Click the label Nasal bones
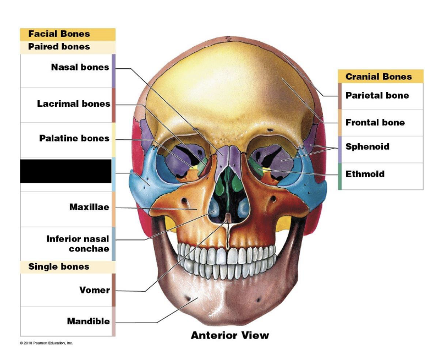coord(80,68)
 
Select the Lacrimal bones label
coord(73,103)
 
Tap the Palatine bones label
coord(74,138)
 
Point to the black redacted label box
coord(65,171)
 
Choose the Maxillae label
coord(89,207)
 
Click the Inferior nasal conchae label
coord(78,244)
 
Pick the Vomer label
coord(95,290)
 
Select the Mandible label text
coord(88,321)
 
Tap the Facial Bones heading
coord(59,34)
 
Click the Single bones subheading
coord(59,266)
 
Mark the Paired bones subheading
coord(59,47)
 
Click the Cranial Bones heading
coord(378,77)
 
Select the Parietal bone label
coord(377,95)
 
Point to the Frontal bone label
coord(375,122)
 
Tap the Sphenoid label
coord(367,146)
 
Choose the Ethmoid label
coord(365,174)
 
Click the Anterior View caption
coord(230,335)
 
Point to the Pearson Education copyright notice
coord(46,343)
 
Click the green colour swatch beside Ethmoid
coord(340,176)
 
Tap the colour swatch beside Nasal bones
coord(113,71)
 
